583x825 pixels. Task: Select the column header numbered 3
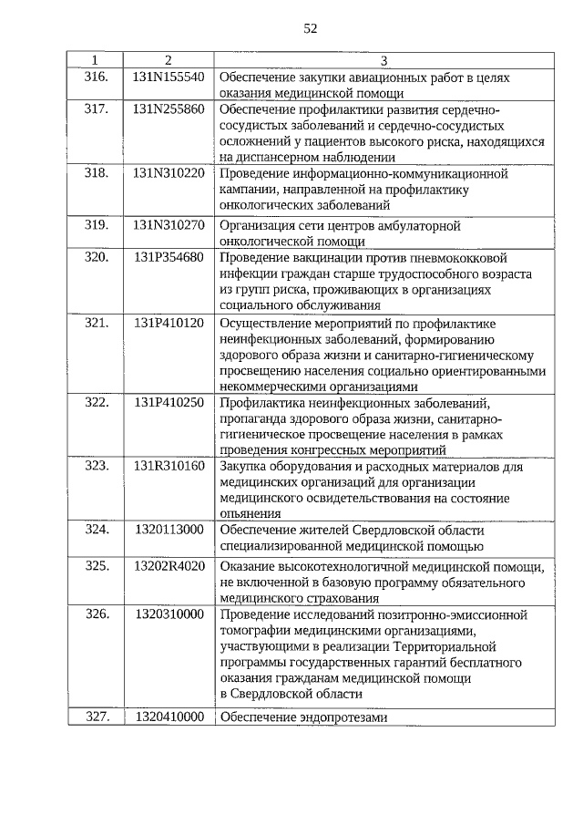pos(384,61)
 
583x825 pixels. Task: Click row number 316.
pos(97,77)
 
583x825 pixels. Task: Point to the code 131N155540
pos(169,77)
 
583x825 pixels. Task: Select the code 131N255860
pos(169,109)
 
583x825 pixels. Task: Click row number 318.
pos(97,173)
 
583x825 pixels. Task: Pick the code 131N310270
pos(169,224)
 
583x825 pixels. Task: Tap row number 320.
pos(97,257)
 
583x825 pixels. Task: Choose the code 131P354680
pos(169,257)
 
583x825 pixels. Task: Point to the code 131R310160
pos(169,467)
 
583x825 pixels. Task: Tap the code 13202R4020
pos(169,566)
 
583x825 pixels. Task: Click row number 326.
pos(97,614)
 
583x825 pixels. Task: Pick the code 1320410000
pos(169,717)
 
